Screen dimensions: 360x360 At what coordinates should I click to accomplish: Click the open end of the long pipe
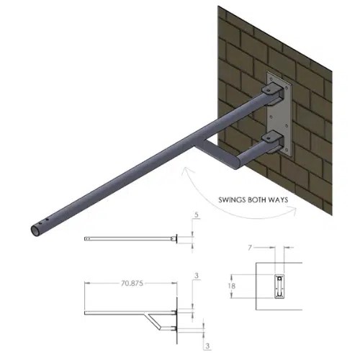pyautogui.click(x=33, y=232)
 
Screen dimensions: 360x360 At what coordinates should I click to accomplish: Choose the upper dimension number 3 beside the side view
pyautogui.click(x=197, y=276)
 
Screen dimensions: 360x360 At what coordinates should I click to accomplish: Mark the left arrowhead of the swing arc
pyautogui.click(x=186, y=170)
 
